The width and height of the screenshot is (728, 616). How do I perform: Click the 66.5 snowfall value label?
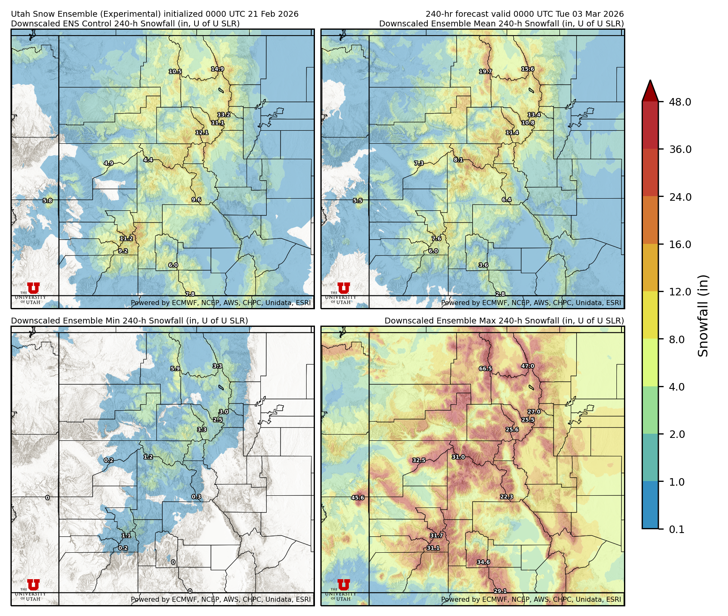click(x=485, y=369)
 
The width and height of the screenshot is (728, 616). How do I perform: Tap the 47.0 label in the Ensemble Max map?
click(x=528, y=366)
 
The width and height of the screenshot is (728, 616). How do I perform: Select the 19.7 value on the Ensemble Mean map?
click(x=486, y=72)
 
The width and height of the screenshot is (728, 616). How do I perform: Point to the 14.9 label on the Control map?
click(x=217, y=69)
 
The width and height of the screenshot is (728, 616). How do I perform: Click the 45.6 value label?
click(x=358, y=498)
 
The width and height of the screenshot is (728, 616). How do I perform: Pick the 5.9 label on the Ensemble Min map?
click(x=175, y=369)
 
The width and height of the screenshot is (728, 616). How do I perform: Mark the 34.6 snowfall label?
click(x=483, y=562)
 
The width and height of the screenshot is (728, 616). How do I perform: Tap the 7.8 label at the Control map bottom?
click(x=190, y=294)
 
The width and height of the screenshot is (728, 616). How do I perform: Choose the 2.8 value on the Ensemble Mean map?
click(x=500, y=294)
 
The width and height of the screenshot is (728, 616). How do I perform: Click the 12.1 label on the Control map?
click(x=202, y=133)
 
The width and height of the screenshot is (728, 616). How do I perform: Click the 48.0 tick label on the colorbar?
click(x=680, y=102)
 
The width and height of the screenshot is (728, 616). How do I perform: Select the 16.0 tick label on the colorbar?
click(x=680, y=245)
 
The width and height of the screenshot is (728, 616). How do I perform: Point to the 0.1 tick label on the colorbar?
click(x=676, y=530)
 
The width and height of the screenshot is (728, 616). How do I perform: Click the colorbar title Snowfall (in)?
click(x=703, y=316)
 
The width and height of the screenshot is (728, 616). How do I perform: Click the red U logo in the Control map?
click(x=33, y=288)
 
